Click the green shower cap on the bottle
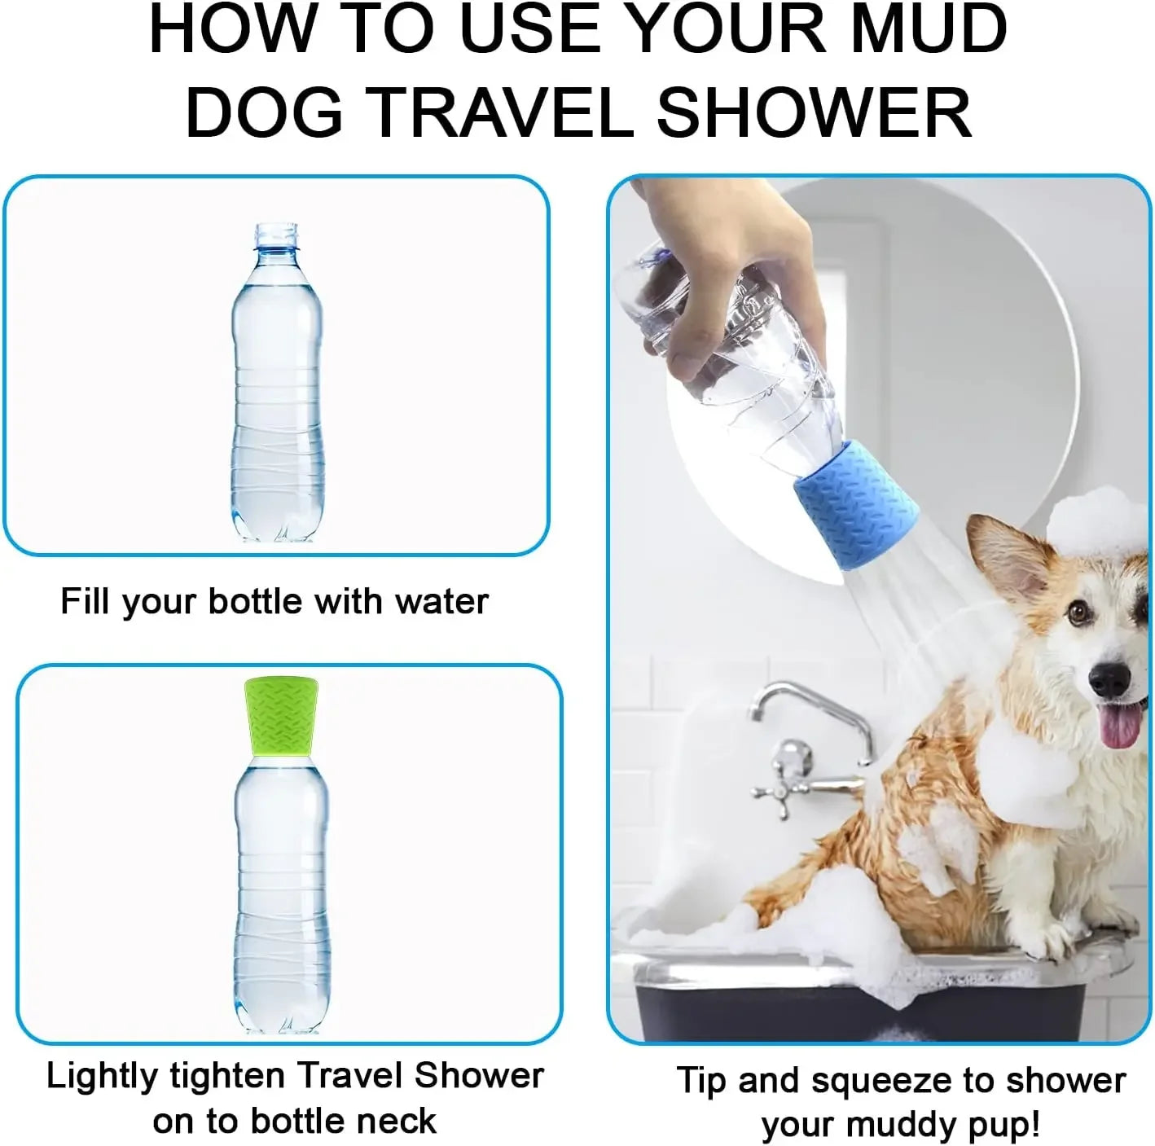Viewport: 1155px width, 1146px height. pyautogui.click(x=282, y=715)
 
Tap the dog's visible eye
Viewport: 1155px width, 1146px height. pyautogui.click(x=1078, y=613)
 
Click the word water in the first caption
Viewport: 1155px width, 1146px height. pyautogui.click(x=441, y=602)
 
